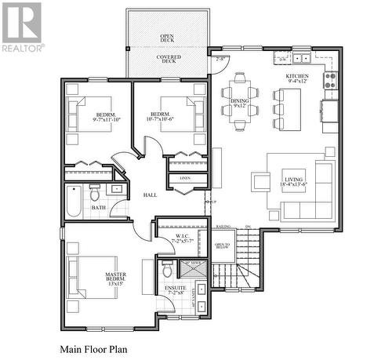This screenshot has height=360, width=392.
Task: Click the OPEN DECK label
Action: (167, 38)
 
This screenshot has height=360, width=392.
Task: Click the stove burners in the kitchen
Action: (331, 79)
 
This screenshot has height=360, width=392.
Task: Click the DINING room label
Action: (241, 103)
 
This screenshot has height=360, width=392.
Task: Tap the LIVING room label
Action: (293, 181)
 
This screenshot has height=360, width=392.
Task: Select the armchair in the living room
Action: (260, 181)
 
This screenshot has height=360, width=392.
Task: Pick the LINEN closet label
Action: (185, 178)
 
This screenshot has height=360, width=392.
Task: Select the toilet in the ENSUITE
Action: (166, 269)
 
